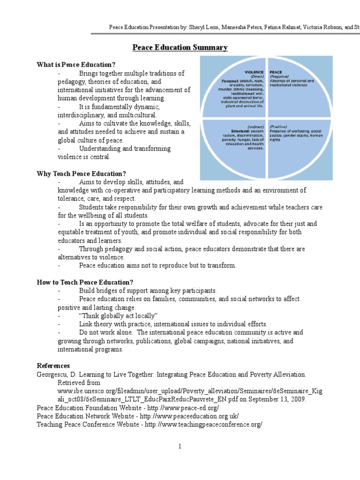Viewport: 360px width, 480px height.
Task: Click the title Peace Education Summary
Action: (180, 48)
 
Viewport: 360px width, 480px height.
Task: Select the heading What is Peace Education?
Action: (76, 65)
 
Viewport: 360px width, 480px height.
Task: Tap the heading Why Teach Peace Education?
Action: (82, 173)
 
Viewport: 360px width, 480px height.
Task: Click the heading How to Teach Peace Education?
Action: (85, 282)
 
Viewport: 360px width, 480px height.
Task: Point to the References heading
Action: (53, 366)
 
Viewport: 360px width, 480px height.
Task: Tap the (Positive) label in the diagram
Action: (278, 126)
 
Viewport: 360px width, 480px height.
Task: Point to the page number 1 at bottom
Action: (180, 446)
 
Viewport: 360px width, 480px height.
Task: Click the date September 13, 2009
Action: (278, 399)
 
